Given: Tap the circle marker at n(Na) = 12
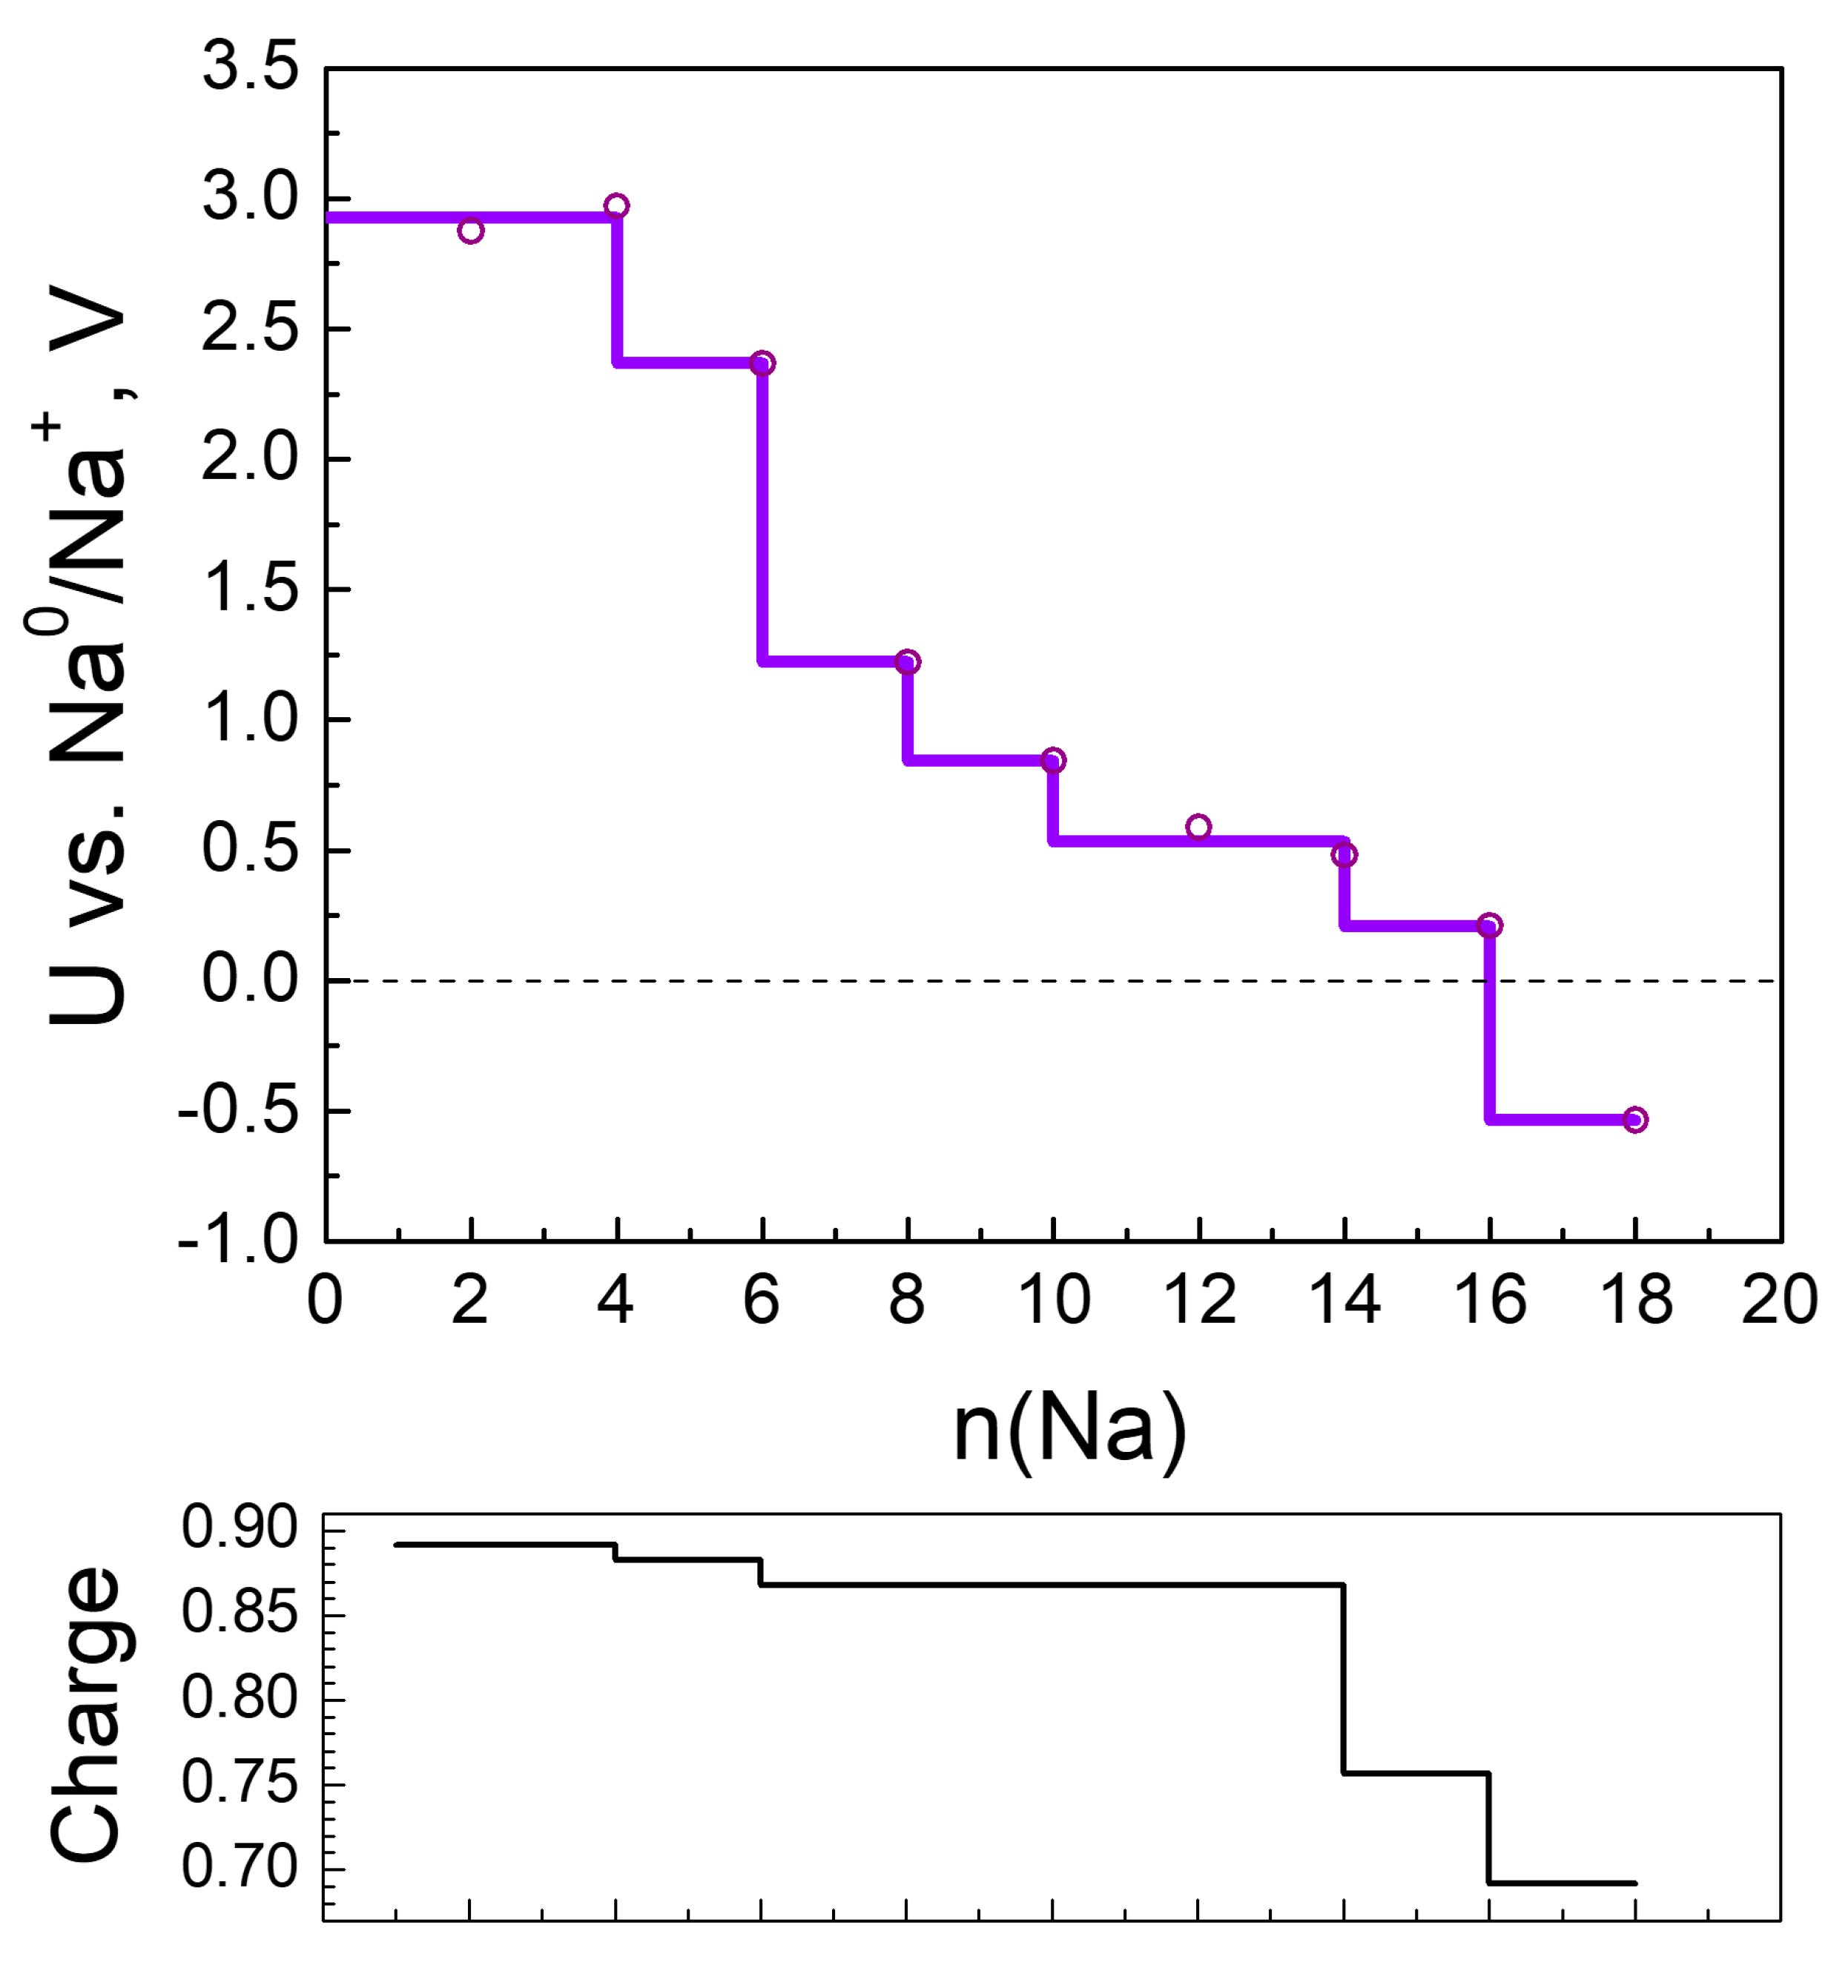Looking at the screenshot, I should pos(1198,827).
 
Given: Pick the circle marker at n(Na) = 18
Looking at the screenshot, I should pos(1635,1119).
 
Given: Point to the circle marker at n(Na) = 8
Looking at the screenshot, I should pos(907,661).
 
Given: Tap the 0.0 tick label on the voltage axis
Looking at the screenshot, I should pos(250,979).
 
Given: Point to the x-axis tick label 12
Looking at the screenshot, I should pos(1198,1300).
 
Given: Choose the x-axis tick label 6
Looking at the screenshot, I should pos(762,1300).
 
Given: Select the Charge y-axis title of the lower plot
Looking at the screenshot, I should pos(88,1715).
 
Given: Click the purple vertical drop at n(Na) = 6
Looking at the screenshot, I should pos(762,511).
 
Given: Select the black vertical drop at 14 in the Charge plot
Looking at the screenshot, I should pos(1344,1676).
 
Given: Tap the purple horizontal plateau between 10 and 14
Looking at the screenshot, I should pos(1198,841).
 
